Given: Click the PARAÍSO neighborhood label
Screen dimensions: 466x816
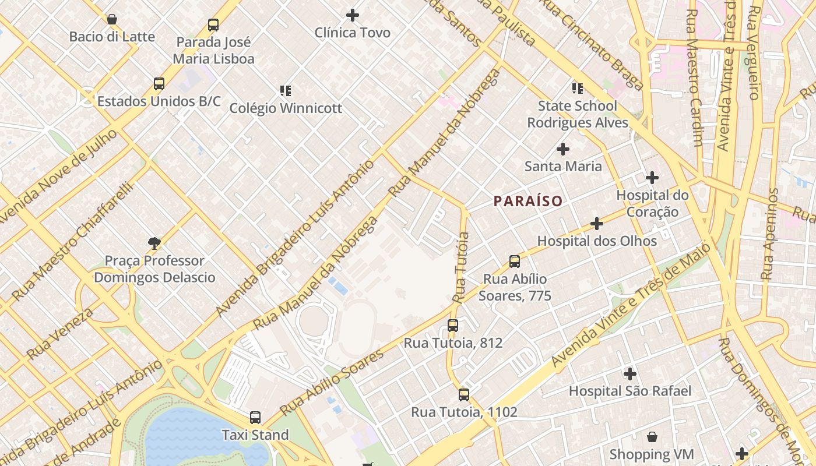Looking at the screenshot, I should click(x=528, y=202).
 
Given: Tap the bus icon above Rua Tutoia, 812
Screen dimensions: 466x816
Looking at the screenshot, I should click(x=453, y=326).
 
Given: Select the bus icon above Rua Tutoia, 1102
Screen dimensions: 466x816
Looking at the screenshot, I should click(x=463, y=395).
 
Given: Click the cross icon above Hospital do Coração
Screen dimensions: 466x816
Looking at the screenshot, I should click(x=652, y=178).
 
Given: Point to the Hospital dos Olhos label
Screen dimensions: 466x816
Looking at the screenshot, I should click(x=597, y=241).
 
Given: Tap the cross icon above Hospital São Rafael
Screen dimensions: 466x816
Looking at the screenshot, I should click(x=629, y=373).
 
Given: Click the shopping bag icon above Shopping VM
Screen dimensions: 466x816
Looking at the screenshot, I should click(x=652, y=437).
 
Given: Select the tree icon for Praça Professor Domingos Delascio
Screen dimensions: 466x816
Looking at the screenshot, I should click(x=154, y=243).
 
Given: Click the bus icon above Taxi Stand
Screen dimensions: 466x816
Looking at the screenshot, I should click(x=255, y=418).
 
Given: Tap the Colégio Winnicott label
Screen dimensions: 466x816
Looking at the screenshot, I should click(x=286, y=108).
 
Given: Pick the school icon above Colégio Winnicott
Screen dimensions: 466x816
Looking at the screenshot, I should click(x=286, y=90).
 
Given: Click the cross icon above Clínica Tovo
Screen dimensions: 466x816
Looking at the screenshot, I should click(x=353, y=15).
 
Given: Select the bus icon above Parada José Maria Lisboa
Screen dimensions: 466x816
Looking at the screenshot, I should click(x=213, y=25).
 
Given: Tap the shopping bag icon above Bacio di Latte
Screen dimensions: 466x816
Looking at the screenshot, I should click(x=112, y=20).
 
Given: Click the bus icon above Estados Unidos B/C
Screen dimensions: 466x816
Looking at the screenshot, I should click(x=159, y=84).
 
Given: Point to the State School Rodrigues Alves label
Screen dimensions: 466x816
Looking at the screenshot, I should click(x=578, y=114).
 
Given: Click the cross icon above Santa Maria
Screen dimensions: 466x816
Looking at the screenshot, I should click(x=562, y=149).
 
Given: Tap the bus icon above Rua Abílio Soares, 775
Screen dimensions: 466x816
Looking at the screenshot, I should click(x=515, y=262).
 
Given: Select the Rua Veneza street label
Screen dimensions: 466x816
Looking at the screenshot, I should click(x=60, y=333).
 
